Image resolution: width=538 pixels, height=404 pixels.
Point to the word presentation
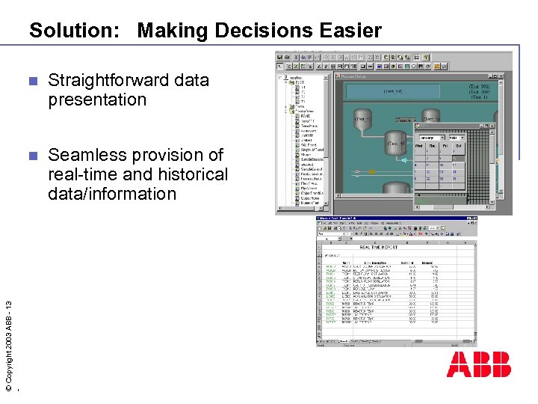coord(97,100)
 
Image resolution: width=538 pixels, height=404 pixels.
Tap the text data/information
coord(112,194)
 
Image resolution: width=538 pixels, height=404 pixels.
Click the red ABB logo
coord(479,364)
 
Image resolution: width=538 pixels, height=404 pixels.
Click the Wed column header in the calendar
coord(421,147)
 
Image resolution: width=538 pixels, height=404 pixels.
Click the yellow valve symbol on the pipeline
coord(371,171)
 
